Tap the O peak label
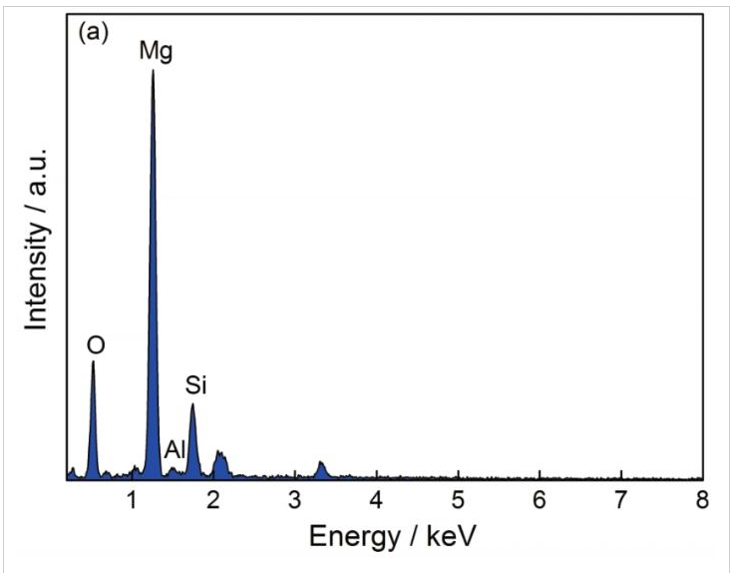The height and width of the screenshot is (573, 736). (96, 345)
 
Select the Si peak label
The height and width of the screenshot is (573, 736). (195, 384)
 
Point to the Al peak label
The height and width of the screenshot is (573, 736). (175, 449)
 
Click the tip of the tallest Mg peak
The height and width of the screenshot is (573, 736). (153, 71)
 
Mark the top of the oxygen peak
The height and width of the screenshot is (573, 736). (93, 361)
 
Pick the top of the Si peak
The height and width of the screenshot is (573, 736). (192, 404)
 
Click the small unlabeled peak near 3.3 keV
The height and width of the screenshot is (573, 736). (321, 463)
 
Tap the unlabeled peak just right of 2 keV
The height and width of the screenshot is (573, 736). (219, 454)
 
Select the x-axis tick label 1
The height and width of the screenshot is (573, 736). (133, 499)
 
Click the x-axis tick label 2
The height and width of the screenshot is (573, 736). (213, 499)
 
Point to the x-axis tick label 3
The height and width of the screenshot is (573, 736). (295, 499)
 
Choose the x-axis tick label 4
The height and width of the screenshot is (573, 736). (376, 499)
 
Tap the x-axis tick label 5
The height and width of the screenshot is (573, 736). (458, 499)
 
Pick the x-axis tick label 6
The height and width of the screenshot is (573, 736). (540, 499)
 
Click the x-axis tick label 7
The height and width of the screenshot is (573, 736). (620, 499)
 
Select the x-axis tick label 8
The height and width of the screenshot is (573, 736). (702, 499)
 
